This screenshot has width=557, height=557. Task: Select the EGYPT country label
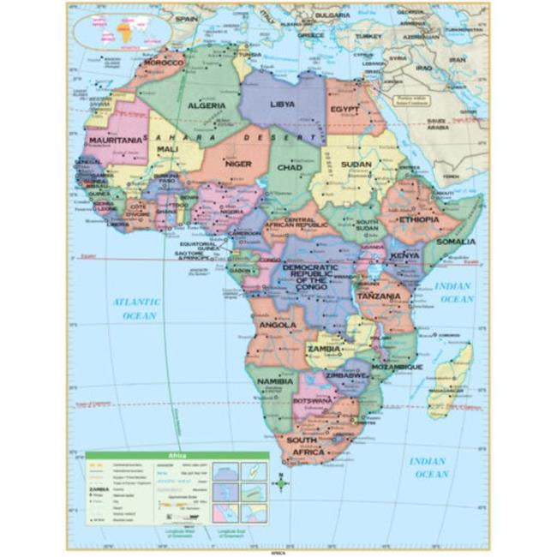pyautogui.click(x=345, y=110)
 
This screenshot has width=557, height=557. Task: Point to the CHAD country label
pyautogui.click(x=289, y=167)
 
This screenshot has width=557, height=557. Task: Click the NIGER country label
pyautogui.click(x=238, y=162)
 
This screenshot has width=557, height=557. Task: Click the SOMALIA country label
pyautogui.click(x=454, y=242)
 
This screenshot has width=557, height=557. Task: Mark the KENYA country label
pyautogui.click(x=404, y=255)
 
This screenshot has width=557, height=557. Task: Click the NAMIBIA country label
pyautogui.click(x=276, y=380)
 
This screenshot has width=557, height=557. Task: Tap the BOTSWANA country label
pyautogui.click(x=313, y=400)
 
